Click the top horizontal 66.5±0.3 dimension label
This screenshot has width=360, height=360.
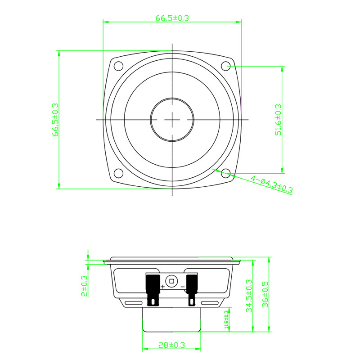pyautogui.click(x=172, y=18)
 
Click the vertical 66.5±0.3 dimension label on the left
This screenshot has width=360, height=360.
pyautogui.click(x=55, y=120)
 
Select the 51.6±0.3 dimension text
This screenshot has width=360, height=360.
pyautogui.click(x=278, y=120)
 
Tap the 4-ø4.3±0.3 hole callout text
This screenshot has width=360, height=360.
pyautogui.click(x=272, y=184)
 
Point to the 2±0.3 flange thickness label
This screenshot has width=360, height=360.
pyautogui.click(x=85, y=286)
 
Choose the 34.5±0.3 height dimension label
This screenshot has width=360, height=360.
pyautogui.click(x=249, y=296)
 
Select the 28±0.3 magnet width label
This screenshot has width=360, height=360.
pyautogui.click(x=171, y=345)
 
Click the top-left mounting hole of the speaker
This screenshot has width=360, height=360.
pyautogui.click(x=118, y=66)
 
